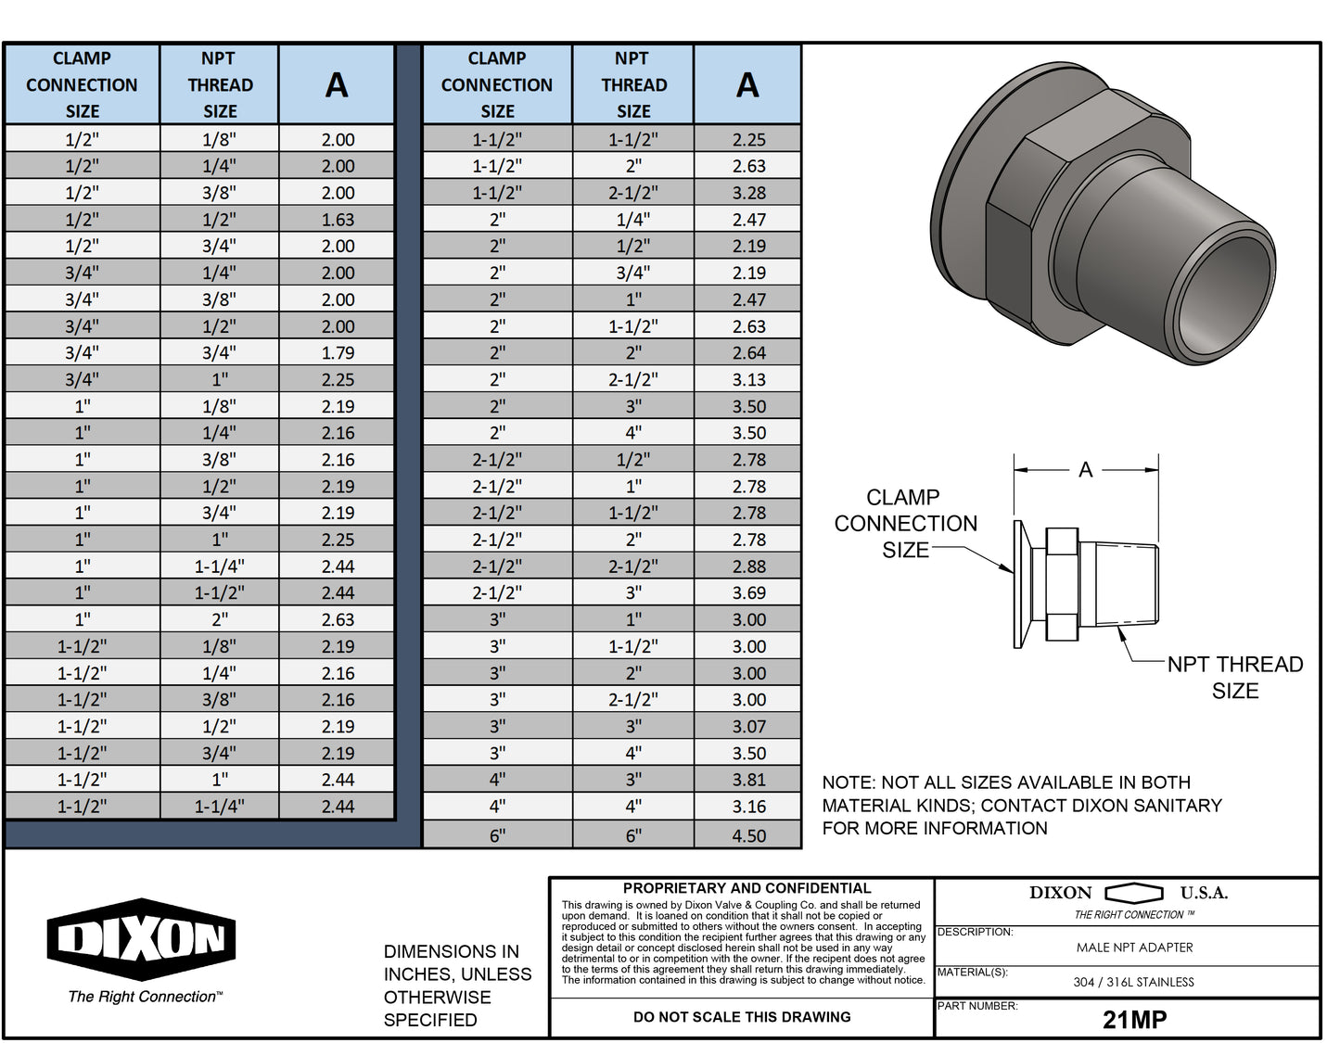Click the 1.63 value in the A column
coord(338,220)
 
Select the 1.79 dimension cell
coord(338,353)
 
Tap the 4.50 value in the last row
coord(748,835)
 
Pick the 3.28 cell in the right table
coord(748,193)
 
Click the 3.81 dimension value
coord(748,780)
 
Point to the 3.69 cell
coord(748,592)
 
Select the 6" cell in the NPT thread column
coord(633,835)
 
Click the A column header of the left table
coord(337,85)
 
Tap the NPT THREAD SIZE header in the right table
coord(633,84)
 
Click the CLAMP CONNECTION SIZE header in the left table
coord(82,84)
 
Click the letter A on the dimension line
coord(1085,470)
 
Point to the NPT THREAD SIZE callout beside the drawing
coord(1234,677)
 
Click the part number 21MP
coord(1134,1019)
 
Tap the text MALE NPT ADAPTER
coord(1134,948)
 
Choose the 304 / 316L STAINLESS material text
coord(1133,982)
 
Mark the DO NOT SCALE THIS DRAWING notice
coord(742,1017)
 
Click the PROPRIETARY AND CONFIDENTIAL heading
coord(747,888)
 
